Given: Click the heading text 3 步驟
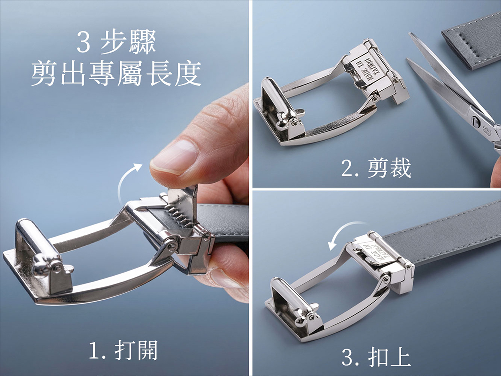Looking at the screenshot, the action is (116, 42).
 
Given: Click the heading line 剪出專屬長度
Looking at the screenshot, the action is (116, 73).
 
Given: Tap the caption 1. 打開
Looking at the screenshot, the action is (123, 350).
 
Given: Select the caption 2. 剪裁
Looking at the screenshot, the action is (376, 168).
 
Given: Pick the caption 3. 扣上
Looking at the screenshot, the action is (376, 357).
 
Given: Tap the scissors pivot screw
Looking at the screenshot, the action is (476, 121).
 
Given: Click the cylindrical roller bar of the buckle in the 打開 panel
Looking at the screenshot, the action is (38, 247).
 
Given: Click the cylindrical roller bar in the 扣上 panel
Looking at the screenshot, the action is (287, 297).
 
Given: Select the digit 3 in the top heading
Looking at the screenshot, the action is (83, 43).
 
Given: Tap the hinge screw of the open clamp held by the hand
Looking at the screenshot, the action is (207, 237).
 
